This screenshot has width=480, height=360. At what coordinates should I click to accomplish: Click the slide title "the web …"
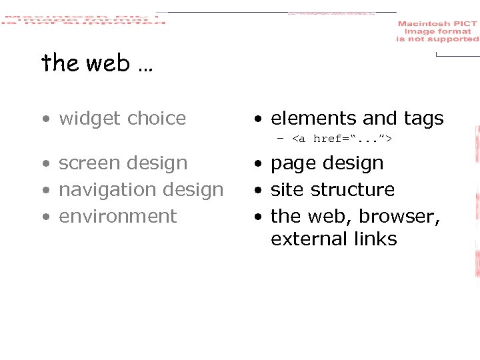97,63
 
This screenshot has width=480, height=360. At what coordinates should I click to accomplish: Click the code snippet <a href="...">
342,139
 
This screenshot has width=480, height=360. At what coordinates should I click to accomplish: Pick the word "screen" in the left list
89,163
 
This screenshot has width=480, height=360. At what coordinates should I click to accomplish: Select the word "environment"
117,217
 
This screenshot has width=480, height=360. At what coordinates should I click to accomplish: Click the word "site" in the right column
285,190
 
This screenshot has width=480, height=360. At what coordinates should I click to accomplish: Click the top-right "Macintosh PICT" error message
437,31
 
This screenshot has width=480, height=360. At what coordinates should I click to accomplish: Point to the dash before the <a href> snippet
281,139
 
